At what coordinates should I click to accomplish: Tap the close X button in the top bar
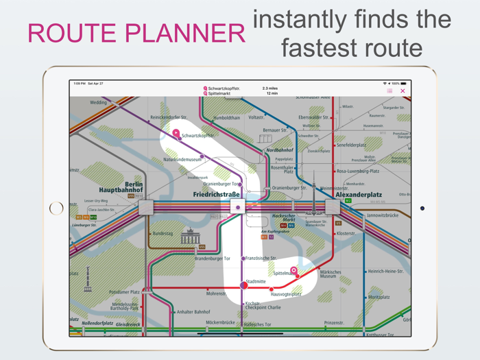(403, 91)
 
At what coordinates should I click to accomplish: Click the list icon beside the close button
(389, 91)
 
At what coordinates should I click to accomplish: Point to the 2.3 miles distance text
(270, 88)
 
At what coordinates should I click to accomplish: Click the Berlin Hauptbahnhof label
(121, 187)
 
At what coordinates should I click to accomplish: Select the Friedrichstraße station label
(216, 195)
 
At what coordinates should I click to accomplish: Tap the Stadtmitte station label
(256, 281)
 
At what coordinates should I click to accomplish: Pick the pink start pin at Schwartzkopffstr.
(176, 133)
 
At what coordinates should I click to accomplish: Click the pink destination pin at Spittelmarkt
(293, 271)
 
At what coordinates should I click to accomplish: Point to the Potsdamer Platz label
(125, 292)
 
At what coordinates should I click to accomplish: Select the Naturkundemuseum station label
(182, 160)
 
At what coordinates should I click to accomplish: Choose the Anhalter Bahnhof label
(193, 312)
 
